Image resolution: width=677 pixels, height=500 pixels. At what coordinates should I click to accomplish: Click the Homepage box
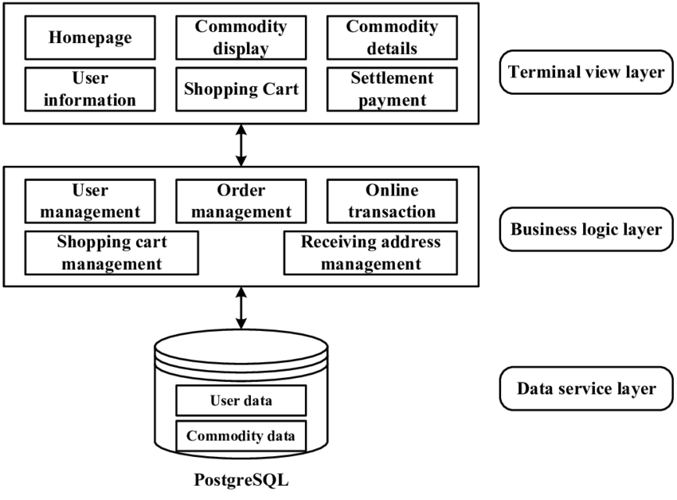pyautogui.click(x=90, y=37)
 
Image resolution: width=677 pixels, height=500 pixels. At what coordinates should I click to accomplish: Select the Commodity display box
pyautogui.click(x=241, y=37)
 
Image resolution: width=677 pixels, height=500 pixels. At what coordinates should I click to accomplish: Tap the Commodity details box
pyautogui.click(x=392, y=37)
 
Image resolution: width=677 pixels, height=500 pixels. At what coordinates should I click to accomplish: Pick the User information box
pyautogui.click(x=90, y=89)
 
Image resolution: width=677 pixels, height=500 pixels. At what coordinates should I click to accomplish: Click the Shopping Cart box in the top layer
pyautogui.click(x=241, y=89)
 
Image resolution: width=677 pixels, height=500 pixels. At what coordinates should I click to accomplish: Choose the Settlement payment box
pyautogui.click(x=392, y=89)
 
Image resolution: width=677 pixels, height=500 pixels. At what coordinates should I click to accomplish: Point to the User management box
pyautogui.click(x=90, y=201)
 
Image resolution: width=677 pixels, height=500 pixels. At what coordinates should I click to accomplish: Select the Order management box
pyautogui.click(x=241, y=201)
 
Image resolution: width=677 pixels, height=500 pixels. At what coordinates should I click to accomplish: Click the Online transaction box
pyautogui.click(x=392, y=201)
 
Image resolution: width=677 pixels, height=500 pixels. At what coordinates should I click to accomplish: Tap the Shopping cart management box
pyautogui.click(x=112, y=252)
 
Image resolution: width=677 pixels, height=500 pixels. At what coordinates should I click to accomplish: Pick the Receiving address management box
pyautogui.click(x=371, y=252)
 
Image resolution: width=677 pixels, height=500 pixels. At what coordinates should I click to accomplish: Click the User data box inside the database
pyautogui.click(x=241, y=400)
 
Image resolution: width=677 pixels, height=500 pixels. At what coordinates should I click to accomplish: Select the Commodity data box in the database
pyautogui.click(x=241, y=436)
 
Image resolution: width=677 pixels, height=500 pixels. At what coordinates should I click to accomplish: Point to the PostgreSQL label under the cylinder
pyautogui.click(x=240, y=482)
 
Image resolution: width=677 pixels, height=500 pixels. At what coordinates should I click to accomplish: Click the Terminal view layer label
pyautogui.click(x=586, y=73)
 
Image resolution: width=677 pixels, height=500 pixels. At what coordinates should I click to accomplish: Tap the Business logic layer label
pyautogui.click(x=586, y=230)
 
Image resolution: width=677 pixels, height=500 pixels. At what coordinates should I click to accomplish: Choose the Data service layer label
pyautogui.click(x=586, y=389)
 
